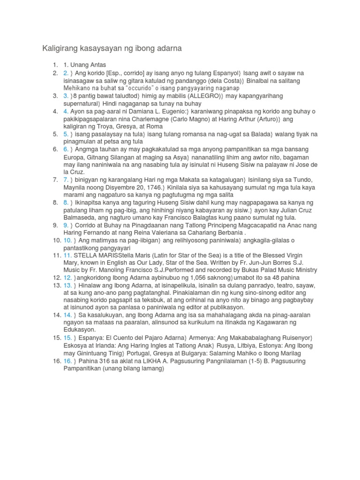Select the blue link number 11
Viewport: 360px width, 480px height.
67,255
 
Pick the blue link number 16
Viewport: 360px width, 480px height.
67,361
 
